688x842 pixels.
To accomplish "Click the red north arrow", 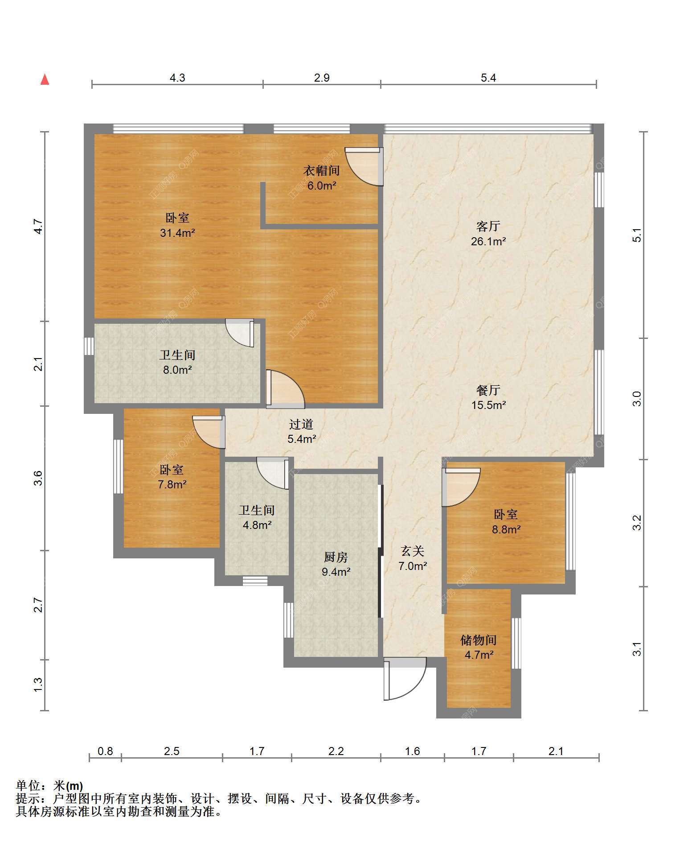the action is [45, 79].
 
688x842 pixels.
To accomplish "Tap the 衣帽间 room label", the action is [322, 170].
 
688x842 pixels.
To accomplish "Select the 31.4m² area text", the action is [177, 233].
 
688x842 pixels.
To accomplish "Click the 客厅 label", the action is [488, 227].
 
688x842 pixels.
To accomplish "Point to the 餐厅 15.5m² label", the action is [488, 398].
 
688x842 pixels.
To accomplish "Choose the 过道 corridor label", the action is [301, 425].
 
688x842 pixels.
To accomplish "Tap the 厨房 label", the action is [336, 557].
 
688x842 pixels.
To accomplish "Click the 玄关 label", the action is [413, 552].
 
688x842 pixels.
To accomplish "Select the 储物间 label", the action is [479, 640].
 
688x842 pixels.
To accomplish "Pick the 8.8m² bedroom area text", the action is [506, 529].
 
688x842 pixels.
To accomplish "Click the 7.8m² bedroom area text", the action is [172, 484].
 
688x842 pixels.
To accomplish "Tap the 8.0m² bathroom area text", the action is [177, 370].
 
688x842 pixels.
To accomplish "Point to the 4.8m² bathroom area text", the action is [257, 525].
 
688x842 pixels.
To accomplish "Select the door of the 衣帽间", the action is [364, 166].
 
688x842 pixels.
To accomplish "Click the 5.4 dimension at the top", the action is [488, 78].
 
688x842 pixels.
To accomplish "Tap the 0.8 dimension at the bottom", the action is [105, 751].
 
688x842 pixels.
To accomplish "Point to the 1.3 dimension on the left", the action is [38, 685].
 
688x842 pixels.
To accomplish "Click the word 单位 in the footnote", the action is [28, 786].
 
